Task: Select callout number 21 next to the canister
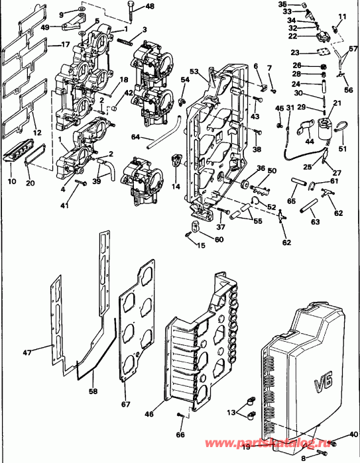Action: point(336,104)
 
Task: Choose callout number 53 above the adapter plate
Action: point(194,72)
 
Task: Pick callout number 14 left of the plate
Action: point(176,187)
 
